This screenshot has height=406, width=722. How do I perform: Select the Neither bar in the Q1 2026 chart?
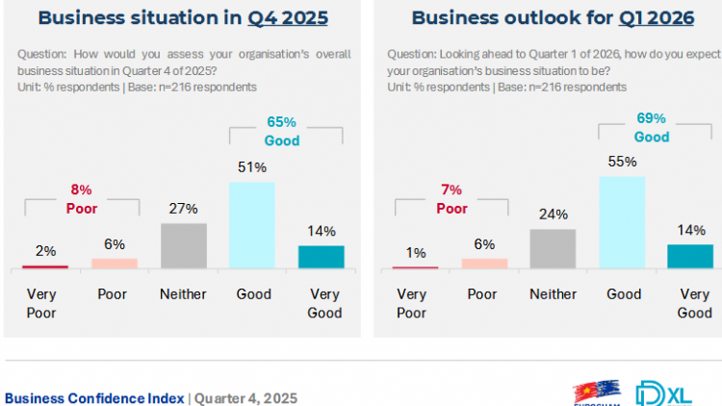click(553, 249)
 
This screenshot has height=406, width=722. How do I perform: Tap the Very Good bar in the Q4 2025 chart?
click(322, 257)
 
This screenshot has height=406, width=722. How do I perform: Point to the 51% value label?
click(252, 168)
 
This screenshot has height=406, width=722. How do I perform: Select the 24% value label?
click(554, 215)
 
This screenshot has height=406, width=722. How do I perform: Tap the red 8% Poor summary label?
click(81, 198)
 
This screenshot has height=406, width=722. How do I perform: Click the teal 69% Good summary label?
click(651, 127)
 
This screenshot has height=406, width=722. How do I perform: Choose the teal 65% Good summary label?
click(280, 133)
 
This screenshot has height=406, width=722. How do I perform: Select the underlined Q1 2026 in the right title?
click(640, 18)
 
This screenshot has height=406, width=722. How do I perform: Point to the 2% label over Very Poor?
click(45, 251)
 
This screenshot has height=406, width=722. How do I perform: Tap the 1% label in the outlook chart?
click(416, 253)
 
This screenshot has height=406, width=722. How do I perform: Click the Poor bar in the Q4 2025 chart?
click(115, 263)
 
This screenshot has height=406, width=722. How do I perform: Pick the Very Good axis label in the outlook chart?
click(695, 303)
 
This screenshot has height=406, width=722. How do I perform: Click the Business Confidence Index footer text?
click(94, 397)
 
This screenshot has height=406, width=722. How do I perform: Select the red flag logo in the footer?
click(593, 394)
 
